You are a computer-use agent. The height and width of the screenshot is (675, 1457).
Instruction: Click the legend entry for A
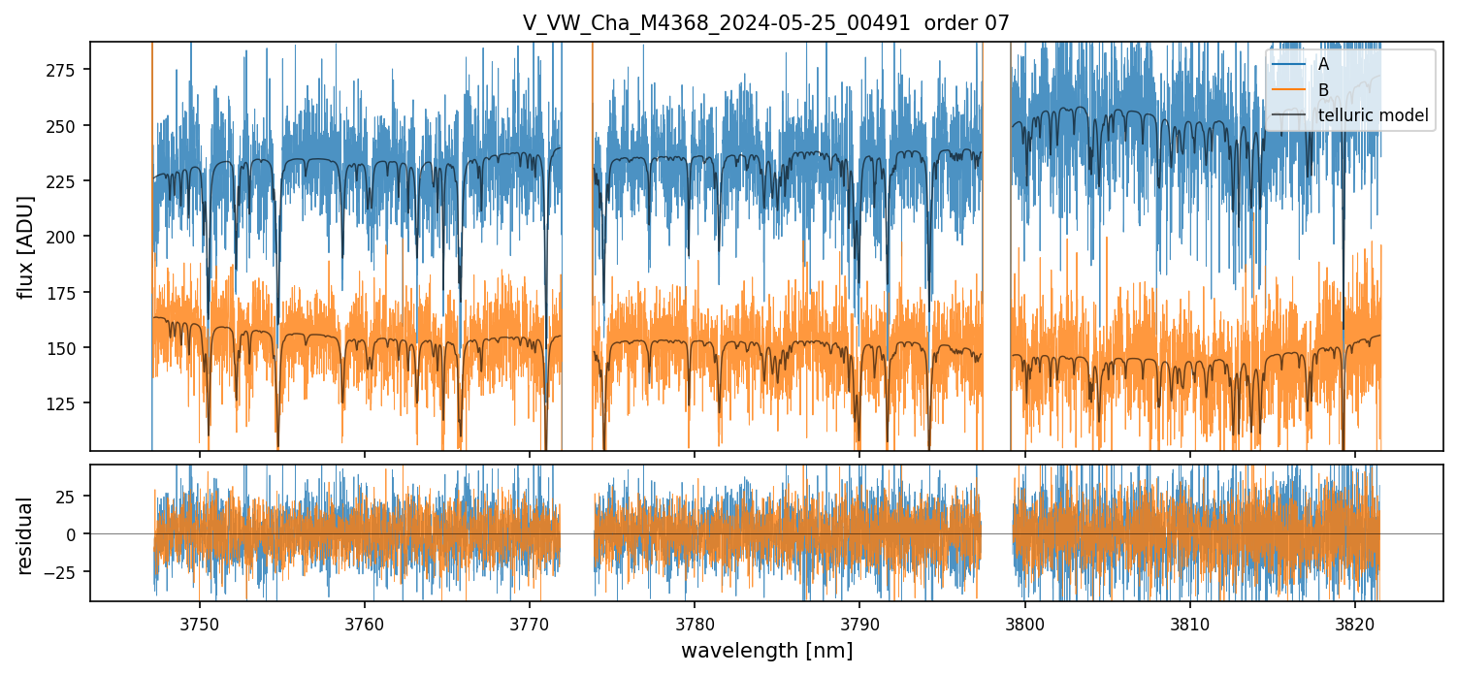[1323, 64]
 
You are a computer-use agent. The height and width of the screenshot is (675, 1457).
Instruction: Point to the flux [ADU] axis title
[26, 246]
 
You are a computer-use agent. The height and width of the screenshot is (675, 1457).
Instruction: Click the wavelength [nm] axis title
[766, 651]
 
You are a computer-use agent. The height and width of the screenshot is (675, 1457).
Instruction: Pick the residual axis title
[26, 534]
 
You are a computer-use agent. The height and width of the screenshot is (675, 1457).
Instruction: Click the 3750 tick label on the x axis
[200, 624]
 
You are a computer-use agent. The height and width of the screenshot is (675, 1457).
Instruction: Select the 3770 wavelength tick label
[530, 624]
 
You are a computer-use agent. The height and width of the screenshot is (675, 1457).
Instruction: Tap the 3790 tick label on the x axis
[859, 624]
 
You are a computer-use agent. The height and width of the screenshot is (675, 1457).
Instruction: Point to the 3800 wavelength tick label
[1025, 624]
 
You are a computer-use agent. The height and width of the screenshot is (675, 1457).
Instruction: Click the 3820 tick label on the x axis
[1355, 624]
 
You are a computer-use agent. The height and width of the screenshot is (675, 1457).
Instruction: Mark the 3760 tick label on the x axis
[365, 624]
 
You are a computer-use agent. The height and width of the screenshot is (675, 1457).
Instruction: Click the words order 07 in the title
[969, 23]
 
